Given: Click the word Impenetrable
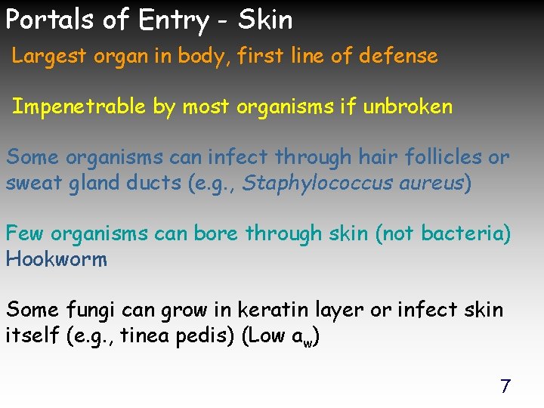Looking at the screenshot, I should pos(79,107).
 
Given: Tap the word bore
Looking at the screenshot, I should pos(216,233).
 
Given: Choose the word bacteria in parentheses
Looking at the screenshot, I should pos(460,233).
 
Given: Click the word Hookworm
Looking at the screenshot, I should pos(57,259).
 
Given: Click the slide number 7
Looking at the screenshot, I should pos(505,386).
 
